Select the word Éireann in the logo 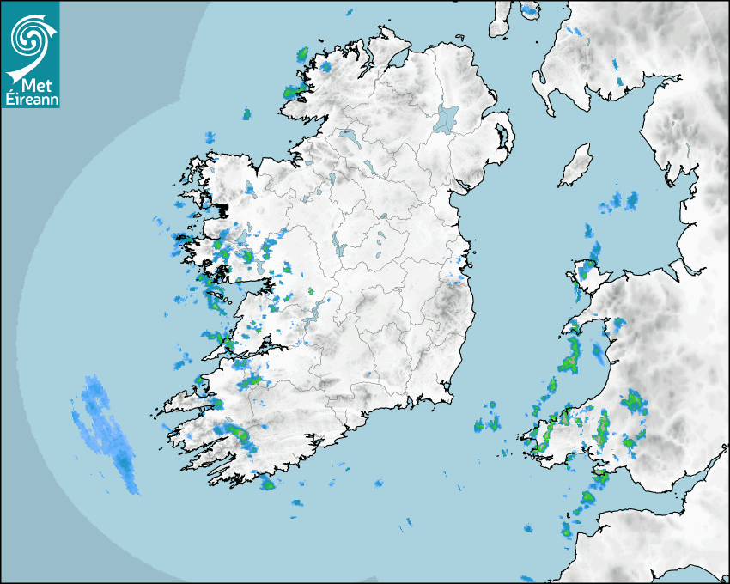tap(30, 99)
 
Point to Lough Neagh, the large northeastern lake tap(447, 118)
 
